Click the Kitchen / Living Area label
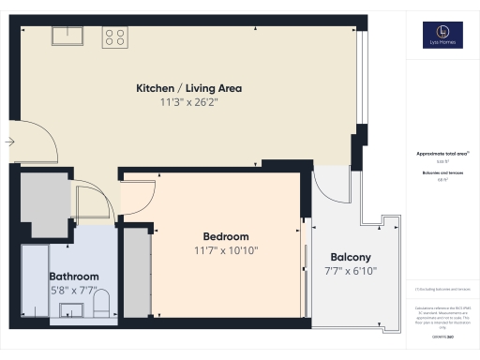point(189,88)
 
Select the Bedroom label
point(226,236)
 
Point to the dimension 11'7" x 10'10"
point(226,250)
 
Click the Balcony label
point(351,258)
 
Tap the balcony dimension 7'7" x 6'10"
point(351,272)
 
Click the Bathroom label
point(74,277)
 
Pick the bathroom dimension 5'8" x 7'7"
point(74,290)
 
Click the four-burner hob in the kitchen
point(115,37)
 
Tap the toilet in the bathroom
point(102,302)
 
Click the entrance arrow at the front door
point(9,142)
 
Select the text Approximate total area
point(441,154)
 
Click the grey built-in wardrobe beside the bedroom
point(137,274)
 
